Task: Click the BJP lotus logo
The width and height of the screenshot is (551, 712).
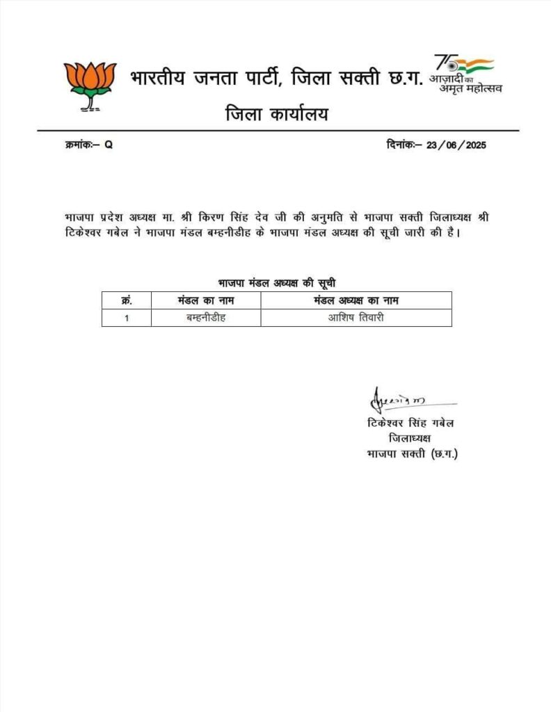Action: coord(90,85)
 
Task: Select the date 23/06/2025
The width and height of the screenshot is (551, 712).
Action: coord(457,145)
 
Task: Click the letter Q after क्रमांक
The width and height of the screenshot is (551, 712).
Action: coord(108,145)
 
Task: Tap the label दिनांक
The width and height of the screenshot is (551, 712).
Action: coord(401,145)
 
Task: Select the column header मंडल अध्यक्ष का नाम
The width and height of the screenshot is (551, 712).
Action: coord(356,300)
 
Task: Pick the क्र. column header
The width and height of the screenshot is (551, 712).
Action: coord(127,300)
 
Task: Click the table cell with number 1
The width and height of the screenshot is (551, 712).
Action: coord(127,318)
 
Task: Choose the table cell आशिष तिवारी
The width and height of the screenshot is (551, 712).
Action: coord(356,318)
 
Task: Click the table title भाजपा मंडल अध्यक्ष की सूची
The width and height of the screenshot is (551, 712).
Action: coord(277,283)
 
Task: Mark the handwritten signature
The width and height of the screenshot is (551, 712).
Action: coord(394,401)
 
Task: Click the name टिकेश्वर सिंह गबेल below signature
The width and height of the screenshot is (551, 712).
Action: coord(411,423)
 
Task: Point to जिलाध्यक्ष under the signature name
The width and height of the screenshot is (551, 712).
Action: coord(410,439)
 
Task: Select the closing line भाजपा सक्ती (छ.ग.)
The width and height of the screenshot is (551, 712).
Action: coord(412,454)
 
